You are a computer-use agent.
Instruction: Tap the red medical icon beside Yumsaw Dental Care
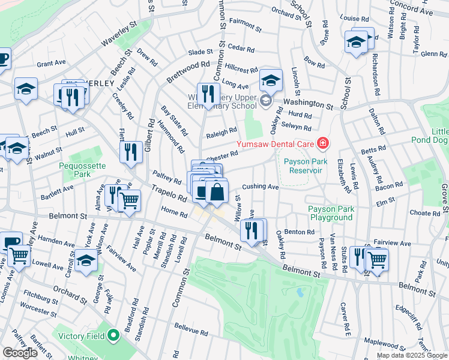pyautogui.click(x=323, y=143)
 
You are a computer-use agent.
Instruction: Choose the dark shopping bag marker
pyautogui.click(x=217, y=192)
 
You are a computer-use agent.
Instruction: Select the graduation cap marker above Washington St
pyautogui.click(x=271, y=80)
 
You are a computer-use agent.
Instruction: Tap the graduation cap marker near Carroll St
pyautogui.click(x=87, y=262)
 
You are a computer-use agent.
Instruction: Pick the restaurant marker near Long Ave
pyautogui.click(x=208, y=94)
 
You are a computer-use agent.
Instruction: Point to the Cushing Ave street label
pyautogui.click(x=261, y=187)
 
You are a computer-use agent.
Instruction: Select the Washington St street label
pyautogui.click(x=308, y=104)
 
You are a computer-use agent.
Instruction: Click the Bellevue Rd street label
pyautogui.click(x=191, y=331)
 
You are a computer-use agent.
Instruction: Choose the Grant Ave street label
pyautogui.click(x=51, y=62)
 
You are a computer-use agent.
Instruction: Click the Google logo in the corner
pyautogui.click(x=20, y=353)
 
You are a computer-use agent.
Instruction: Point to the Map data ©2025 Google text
pyautogui.click(x=412, y=355)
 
